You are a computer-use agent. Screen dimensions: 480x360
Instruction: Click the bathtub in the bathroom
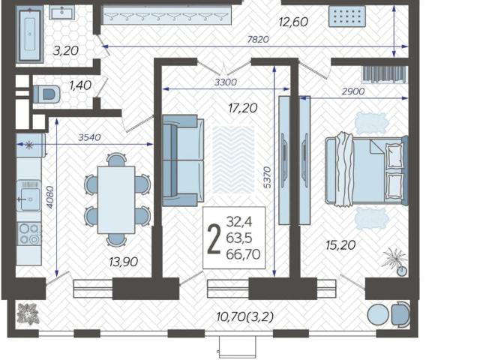pyautogui.click(x=30, y=35)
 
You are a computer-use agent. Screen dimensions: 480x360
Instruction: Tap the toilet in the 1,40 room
pyautogui.click(x=46, y=94)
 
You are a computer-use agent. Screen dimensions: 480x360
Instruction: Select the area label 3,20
pyautogui.click(x=66, y=50)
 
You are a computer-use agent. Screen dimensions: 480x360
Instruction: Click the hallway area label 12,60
pyautogui.click(x=293, y=22)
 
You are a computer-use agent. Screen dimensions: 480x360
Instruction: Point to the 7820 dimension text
pyautogui.click(x=258, y=39)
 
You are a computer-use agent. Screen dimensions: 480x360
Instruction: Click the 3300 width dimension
pyautogui.click(x=226, y=82)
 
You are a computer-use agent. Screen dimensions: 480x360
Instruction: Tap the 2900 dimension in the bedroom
pyautogui.click(x=353, y=91)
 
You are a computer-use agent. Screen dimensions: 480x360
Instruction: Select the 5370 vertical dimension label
pyautogui.click(x=267, y=177)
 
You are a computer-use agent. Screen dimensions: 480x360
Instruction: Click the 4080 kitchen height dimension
pyautogui.click(x=50, y=197)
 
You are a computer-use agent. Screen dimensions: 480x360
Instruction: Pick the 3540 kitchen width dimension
pyautogui.click(x=89, y=137)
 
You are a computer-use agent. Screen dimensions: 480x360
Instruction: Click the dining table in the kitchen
pyautogui.click(x=116, y=200)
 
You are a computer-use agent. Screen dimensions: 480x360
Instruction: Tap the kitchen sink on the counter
pyautogui.click(x=29, y=196)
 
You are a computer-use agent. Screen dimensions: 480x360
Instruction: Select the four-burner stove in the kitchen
pyautogui.click(x=29, y=234)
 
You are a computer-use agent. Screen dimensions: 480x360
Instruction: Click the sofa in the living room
pyautogui.click(x=183, y=160)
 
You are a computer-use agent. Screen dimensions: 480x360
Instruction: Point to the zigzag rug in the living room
pyautogui.click(x=233, y=160)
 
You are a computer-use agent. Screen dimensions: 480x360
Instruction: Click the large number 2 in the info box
pyautogui.click(x=214, y=238)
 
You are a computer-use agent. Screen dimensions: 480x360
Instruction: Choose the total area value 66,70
pyautogui.click(x=243, y=254)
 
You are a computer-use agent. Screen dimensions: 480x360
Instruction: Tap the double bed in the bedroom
pyautogui.click(x=367, y=169)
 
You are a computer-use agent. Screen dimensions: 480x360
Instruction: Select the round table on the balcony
pyautogui.click(x=378, y=315)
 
